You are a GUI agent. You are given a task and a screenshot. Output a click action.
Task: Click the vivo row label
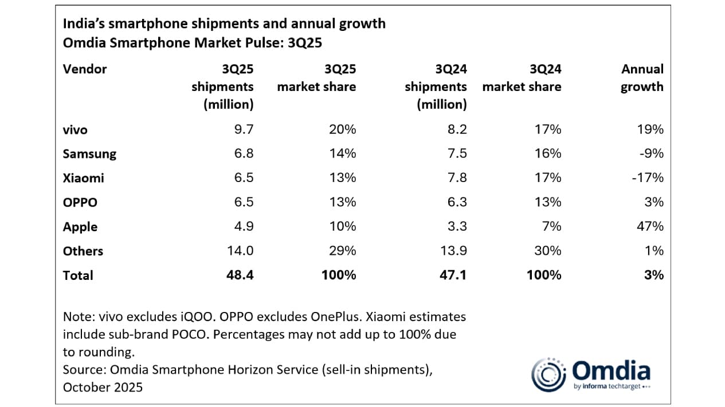click(75, 130)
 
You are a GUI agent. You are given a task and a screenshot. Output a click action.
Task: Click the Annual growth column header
click(642, 78)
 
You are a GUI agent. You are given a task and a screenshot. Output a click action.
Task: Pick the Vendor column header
click(85, 69)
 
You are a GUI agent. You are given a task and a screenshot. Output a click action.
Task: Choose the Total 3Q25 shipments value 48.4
click(240, 275)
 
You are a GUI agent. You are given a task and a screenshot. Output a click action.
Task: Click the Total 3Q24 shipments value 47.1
click(453, 275)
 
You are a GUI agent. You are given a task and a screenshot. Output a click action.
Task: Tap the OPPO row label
click(80, 202)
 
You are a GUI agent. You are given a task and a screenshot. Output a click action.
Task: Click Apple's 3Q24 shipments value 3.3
click(457, 226)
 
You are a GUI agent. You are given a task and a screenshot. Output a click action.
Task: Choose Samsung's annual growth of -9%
click(652, 154)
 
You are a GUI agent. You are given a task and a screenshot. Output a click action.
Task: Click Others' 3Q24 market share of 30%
click(549, 251)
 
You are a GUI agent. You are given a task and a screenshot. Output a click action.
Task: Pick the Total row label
click(78, 275)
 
